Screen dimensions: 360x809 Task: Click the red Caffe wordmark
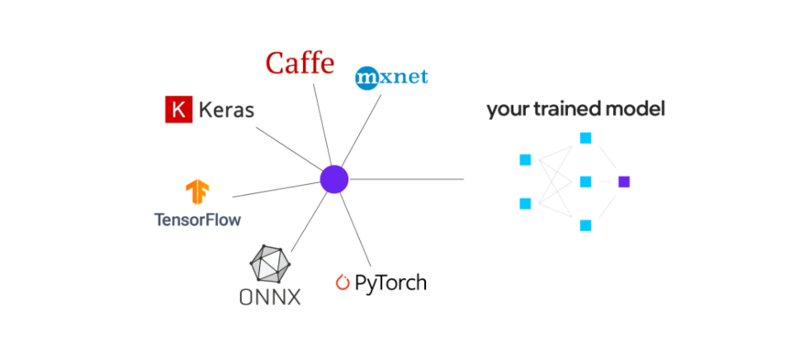[x=300, y=64]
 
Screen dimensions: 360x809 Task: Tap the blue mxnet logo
[x=391, y=78]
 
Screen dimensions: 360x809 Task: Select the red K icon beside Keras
[x=177, y=110]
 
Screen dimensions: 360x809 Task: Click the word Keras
[x=225, y=110]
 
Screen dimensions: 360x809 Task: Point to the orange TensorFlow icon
[x=197, y=192]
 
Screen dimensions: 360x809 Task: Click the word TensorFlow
[x=197, y=220]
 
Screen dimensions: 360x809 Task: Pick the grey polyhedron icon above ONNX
[x=271, y=264]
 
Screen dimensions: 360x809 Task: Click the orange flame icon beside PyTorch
[x=343, y=283]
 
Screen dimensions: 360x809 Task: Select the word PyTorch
[x=390, y=283]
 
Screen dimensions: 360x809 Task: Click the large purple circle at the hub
[x=334, y=178]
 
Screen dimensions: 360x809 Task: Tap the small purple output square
[x=624, y=182]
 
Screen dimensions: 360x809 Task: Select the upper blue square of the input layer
[x=524, y=159]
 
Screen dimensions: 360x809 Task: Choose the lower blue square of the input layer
[x=524, y=203]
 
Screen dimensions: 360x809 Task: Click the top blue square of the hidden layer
[x=585, y=138]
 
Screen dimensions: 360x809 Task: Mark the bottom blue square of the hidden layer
[x=585, y=225]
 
